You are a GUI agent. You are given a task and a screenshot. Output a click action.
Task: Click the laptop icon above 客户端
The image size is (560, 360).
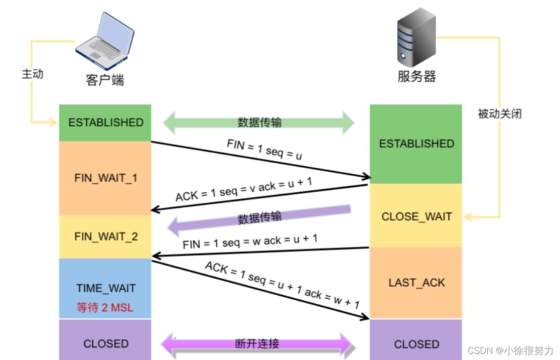pos(105,41)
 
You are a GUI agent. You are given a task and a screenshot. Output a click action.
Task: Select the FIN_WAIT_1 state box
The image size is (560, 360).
pos(105,178)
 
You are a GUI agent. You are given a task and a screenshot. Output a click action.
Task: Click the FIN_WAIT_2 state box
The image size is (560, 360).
pos(105,236)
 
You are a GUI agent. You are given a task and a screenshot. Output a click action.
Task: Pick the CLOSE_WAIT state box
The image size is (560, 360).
pos(416,216)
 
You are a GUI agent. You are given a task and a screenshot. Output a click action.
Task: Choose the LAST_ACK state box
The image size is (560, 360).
pos(416,283)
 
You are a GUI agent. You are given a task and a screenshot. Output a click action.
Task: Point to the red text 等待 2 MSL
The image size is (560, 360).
pos(105,307)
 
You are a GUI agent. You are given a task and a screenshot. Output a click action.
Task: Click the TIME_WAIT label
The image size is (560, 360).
pos(105,288)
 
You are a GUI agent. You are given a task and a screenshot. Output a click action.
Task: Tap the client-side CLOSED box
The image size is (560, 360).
pos(105,343)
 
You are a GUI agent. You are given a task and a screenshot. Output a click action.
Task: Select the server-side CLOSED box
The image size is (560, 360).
pos(416,344)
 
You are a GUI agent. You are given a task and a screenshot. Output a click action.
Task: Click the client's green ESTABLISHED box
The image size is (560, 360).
pos(105,123)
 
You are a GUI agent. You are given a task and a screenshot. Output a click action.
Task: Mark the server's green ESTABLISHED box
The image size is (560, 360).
pos(416,144)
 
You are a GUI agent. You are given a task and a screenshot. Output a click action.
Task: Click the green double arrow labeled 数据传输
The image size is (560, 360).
pos(259,123)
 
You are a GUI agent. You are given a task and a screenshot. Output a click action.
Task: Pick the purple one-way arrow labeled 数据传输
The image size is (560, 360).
pos(259,219)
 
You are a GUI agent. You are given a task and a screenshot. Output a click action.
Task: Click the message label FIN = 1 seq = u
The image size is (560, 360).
pos(264,150)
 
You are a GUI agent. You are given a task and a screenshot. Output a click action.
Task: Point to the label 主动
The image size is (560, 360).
pos(33,74)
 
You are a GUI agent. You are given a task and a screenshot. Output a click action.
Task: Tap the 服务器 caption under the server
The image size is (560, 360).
pos(416,77)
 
